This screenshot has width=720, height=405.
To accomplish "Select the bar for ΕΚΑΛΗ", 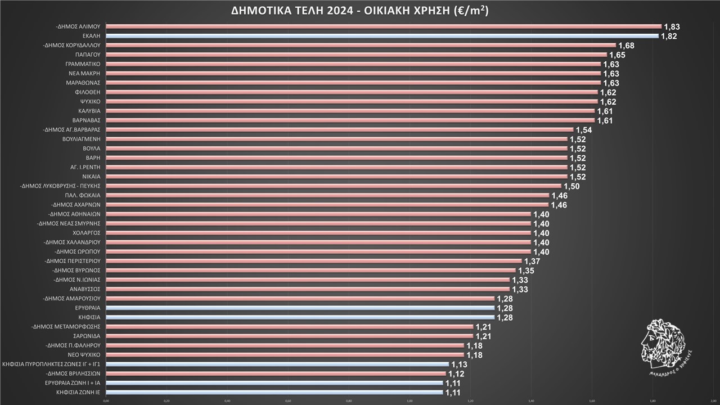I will point(382,36).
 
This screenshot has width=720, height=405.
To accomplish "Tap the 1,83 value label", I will point(672,27).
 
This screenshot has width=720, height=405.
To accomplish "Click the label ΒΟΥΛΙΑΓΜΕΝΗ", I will point(82,139).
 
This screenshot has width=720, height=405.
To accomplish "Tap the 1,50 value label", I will point(572,186).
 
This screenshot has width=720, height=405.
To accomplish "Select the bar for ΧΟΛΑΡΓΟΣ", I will point(318,233).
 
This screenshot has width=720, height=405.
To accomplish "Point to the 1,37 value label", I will point(532,262).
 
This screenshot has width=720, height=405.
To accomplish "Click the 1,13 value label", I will point(460,364).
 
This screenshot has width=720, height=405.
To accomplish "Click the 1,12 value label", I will point(456,374).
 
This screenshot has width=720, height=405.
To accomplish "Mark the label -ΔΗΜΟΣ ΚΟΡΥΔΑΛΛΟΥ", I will point(73,45).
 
